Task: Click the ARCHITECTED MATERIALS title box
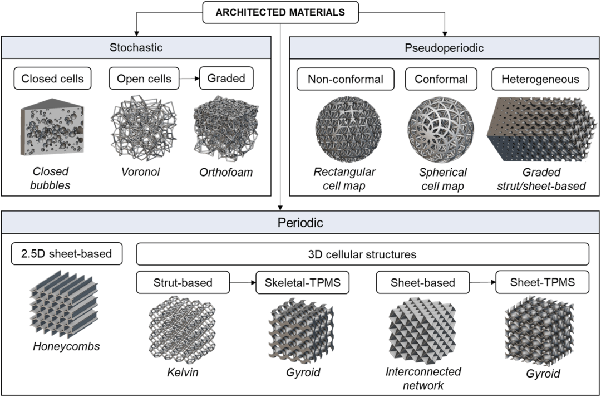click(x=280, y=12)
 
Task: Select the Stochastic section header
click(x=136, y=47)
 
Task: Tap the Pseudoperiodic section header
click(x=444, y=47)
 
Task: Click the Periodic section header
click(x=300, y=222)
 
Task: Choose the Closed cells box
click(x=52, y=79)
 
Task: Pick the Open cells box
click(x=144, y=79)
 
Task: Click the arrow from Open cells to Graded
click(x=190, y=79)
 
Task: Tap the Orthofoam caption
click(x=226, y=172)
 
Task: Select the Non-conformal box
click(x=346, y=79)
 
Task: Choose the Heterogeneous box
click(x=541, y=79)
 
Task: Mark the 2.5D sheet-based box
click(x=67, y=253)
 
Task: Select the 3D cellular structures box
click(x=362, y=253)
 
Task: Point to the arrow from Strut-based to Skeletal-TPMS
click(x=243, y=282)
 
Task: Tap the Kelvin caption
click(x=183, y=372)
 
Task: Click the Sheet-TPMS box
click(x=543, y=282)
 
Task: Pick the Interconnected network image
click(x=423, y=330)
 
